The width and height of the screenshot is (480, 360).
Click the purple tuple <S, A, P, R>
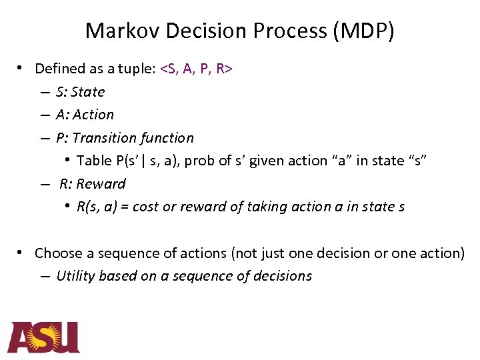[x=196, y=69]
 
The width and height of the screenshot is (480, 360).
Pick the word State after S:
[x=88, y=92]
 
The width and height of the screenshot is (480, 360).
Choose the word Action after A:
[x=93, y=115]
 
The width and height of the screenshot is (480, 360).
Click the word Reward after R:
[x=101, y=184]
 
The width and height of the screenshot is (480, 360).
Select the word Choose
[x=57, y=253]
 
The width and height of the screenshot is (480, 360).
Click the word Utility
[x=75, y=276]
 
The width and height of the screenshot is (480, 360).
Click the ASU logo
[x=43, y=337]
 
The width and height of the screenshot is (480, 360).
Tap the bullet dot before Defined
[x=22, y=68]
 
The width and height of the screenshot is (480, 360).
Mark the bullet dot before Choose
[x=22, y=253]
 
